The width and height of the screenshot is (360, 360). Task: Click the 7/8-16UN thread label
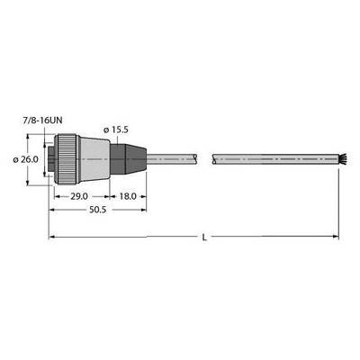[43, 121]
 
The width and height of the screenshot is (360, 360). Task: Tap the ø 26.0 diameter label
[26, 159]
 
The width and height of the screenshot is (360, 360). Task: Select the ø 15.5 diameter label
[115, 130]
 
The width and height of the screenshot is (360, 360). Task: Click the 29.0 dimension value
[79, 196]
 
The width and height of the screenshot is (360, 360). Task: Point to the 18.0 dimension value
[128, 196]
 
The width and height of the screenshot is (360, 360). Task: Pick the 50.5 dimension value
[98, 210]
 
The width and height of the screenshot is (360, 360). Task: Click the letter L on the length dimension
[204, 238]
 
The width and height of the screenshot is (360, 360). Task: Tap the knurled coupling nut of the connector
[67, 159]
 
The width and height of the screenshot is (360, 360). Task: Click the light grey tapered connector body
[94, 159]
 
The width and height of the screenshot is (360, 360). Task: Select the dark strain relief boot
[128, 159]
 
